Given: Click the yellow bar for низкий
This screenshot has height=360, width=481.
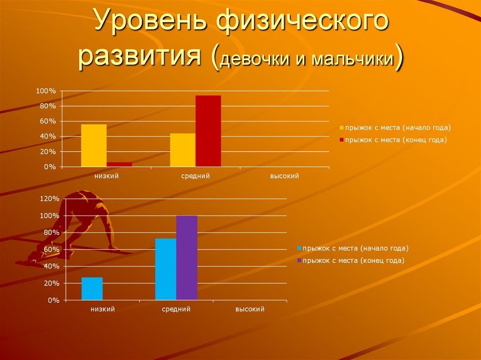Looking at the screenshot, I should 93,145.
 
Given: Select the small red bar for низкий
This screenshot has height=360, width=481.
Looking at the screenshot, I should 119,164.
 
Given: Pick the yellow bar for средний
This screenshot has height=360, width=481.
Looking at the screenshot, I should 183,150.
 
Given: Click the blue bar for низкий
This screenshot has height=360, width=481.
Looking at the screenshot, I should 92,288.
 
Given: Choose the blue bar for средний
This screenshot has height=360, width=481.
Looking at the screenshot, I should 165,269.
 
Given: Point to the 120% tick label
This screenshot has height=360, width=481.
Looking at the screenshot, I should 50,199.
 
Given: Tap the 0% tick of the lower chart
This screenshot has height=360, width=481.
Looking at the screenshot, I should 53,300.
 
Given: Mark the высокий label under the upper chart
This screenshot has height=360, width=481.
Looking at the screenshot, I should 284,176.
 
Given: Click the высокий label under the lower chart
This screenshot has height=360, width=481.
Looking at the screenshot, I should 250,309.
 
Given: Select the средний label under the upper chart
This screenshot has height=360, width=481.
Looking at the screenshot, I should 195,176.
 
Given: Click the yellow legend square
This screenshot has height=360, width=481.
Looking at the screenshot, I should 341,128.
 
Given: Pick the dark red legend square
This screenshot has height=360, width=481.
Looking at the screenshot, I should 341,140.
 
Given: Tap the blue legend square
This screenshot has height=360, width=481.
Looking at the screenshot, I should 299,248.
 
